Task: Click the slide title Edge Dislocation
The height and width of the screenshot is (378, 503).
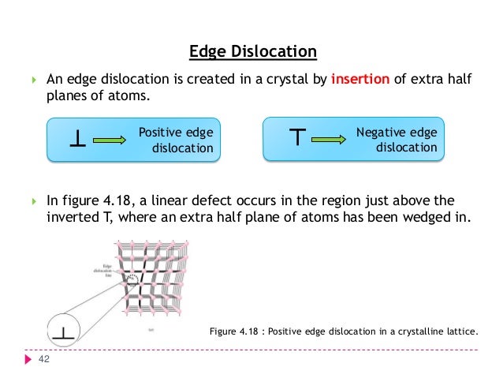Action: coord(253,52)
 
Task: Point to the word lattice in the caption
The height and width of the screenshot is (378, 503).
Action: coord(462,331)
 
